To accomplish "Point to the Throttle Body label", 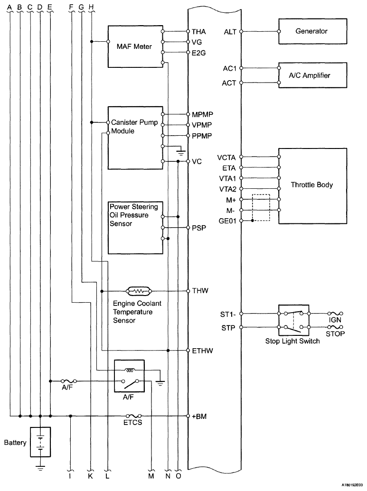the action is pos(311,185).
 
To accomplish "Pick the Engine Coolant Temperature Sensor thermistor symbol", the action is pos(139,291).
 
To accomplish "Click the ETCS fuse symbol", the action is pos(133,416).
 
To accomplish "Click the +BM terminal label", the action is pos(199,417).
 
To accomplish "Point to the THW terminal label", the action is pos(200,291).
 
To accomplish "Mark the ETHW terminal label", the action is pos(202,351).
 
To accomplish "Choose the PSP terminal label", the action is pos(199,228).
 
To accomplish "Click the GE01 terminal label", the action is pos(227,221).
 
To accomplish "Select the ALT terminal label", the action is pos(230,32).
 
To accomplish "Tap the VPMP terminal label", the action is pos(202,125).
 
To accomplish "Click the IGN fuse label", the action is pos(335,320).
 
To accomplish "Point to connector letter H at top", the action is pos(91,7).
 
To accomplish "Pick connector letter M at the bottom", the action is pos(151,476).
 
